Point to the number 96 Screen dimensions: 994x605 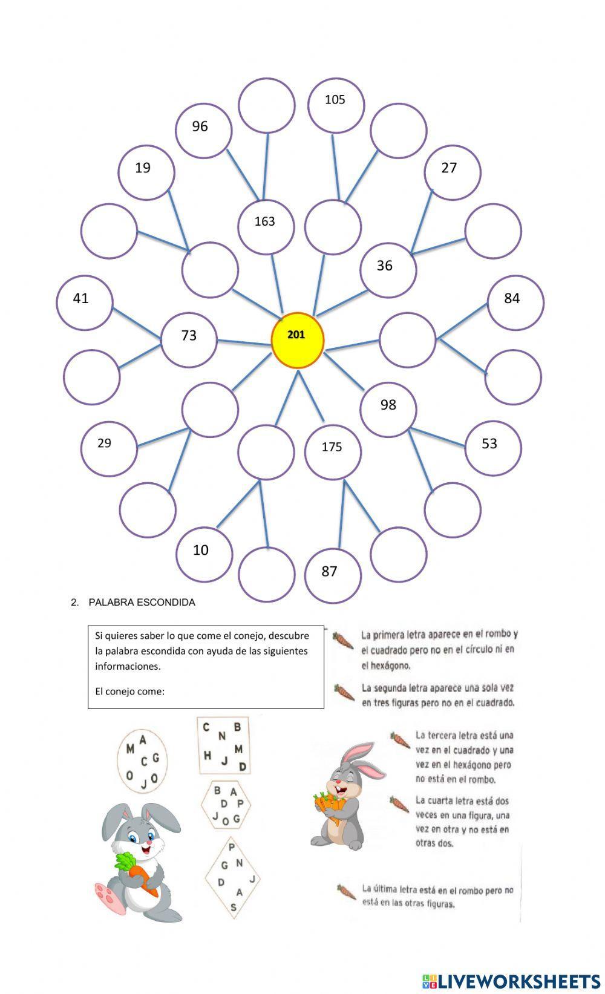pyautogui.click(x=200, y=126)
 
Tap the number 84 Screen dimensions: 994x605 pyautogui.click(x=512, y=298)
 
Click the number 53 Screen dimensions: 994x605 pyautogui.click(x=489, y=443)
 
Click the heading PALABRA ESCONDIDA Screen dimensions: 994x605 pyautogui.click(x=142, y=603)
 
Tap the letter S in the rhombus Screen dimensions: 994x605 pyautogui.click(x=234, y=907)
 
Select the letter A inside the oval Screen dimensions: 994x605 pyautogui.click(x=143, y=739)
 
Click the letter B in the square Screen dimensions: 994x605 pyautogui.click(x=238, y=727)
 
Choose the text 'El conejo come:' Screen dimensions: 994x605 pyautogui.click(x=129, y=691)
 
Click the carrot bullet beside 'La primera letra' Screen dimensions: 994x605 pyautogui.click(x=344, y=639)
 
